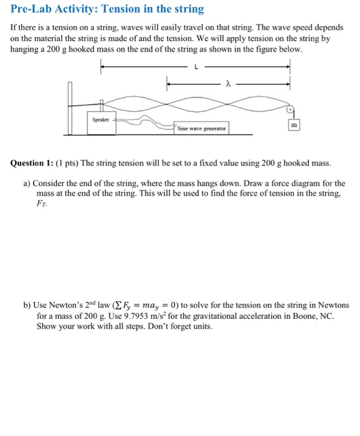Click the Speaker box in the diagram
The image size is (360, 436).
point(100,119)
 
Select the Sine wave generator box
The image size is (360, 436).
point(201,128)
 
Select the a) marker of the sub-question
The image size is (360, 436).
point(26,183)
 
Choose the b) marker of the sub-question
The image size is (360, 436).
point(26,305)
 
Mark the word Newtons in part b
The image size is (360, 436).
point(332,305)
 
